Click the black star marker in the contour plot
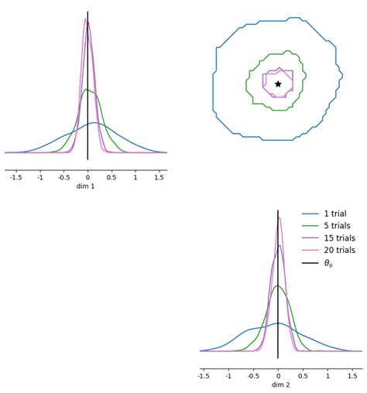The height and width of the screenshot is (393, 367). (278, 84)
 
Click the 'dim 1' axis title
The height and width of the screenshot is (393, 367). (85, 186)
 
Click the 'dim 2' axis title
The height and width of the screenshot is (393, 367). (279, 385)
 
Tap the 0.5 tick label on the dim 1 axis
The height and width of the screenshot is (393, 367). (111, 177)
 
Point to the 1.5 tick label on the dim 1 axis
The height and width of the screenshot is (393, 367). (159, 177)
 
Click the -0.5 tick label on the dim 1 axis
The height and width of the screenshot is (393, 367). (63, 177)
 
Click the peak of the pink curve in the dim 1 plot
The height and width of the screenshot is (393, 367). (85, 18)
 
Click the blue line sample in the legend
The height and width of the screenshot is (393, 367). (310, 214)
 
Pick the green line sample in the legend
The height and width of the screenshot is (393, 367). (310, 227)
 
